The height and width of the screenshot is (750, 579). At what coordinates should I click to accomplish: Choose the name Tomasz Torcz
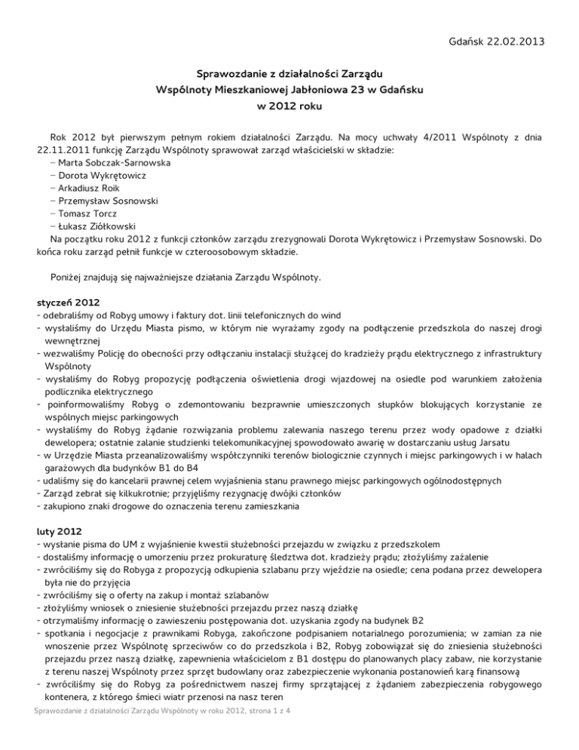(89, 215)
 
